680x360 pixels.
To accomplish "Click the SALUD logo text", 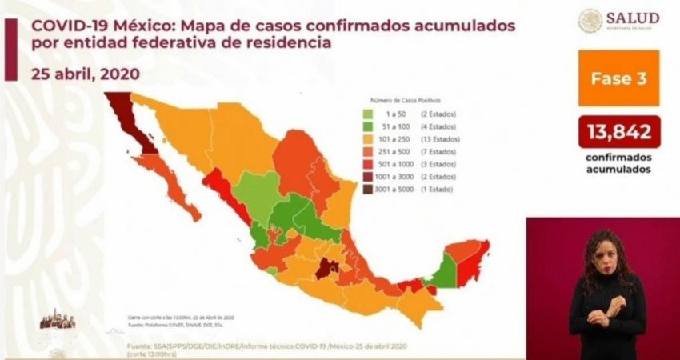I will [632, 18].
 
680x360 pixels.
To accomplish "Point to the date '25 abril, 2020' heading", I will [86, 74].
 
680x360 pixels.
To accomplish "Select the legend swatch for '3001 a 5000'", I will [365, 190].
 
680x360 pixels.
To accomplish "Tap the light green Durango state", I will [257, 192].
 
